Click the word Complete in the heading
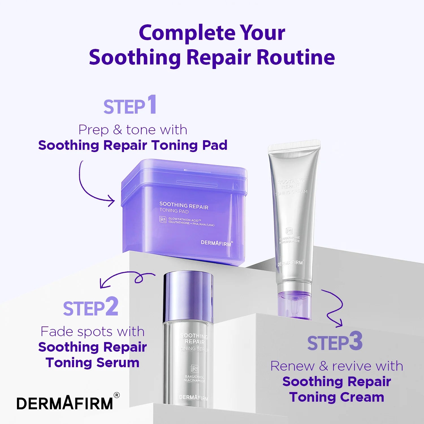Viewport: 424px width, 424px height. tap(187, 33)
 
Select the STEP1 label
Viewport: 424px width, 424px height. tap(130, 105)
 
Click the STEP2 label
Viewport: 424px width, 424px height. tap(90, 308)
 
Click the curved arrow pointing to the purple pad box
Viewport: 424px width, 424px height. tap(90, 187)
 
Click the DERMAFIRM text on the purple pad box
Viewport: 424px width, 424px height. tap(216, 243)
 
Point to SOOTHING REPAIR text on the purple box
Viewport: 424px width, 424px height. tap(184, 205)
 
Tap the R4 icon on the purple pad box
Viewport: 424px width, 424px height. tap(163, 220)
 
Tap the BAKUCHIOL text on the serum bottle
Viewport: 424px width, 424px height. tap(194, 377)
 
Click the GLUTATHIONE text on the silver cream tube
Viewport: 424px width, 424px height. tap(289, 238)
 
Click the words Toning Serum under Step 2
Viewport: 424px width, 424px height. tap(92, 363)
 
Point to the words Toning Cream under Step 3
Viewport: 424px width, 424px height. tap(336, 397)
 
